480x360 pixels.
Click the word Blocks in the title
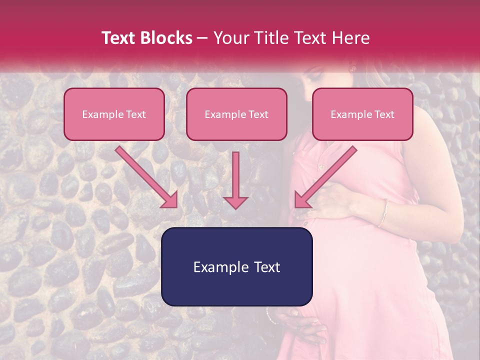167,38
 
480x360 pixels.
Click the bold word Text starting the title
120,38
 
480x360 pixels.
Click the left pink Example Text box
114,114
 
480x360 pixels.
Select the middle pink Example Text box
236,114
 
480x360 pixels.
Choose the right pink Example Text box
362,114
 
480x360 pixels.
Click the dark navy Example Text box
236,267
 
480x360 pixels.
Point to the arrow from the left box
147,177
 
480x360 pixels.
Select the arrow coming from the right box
325,177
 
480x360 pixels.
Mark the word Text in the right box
384,114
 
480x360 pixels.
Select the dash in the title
202,38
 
